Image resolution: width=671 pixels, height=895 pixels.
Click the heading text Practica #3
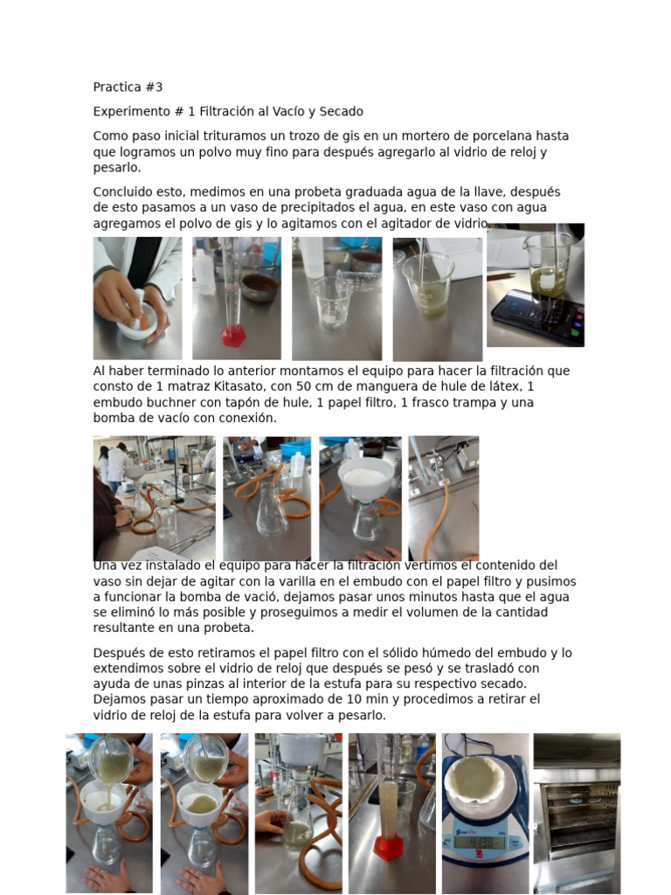pyautogui.click(x=128, y=87)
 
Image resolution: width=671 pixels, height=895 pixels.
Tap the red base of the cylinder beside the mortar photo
pyautogui.click(x=233, y=336)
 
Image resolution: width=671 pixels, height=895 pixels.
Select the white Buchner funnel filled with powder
pyautogui.click(x=366, y=479)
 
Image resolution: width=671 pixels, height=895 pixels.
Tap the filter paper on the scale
pyautogui.click(x=475, y=779)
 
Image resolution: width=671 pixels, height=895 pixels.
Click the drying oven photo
pyautogui.click(x=577, y=814)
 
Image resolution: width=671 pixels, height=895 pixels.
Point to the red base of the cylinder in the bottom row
pyautogui.click(x=389, y=848)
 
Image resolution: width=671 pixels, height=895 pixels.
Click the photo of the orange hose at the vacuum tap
pyautogui.click(x=443, y=498)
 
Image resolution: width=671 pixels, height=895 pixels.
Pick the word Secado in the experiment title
pyautogui.click(x=342, y=111)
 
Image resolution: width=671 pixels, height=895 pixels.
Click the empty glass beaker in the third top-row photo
pyautogui.click(x=332, y=302)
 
